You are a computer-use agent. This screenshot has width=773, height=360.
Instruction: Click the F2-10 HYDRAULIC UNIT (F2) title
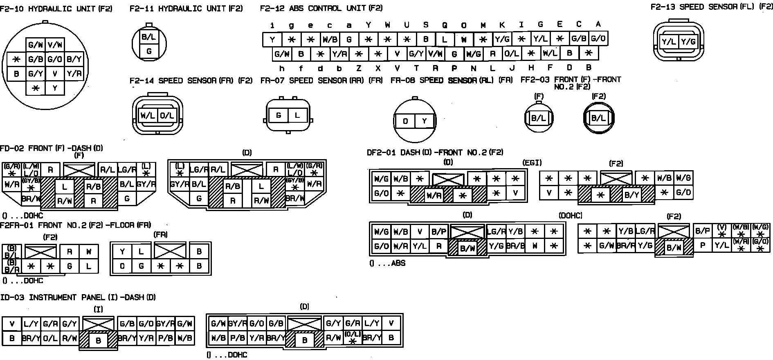click(56, 9)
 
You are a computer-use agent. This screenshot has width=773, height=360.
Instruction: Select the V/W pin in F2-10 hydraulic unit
click(55, 45)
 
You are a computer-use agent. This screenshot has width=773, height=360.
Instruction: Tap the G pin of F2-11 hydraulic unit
click(149, 51)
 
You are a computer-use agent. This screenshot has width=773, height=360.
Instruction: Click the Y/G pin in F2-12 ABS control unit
click(502, 39)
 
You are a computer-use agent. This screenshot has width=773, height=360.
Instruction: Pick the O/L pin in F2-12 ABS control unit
click(511, 54)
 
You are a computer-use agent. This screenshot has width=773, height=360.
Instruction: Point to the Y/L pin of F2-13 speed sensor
click(669, 41)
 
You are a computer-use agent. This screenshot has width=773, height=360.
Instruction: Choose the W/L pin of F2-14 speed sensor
click(148, 116)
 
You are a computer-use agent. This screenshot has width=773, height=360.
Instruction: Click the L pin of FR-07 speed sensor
click(297, 115)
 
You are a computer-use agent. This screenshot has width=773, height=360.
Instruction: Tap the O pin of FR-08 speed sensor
click(405, 121)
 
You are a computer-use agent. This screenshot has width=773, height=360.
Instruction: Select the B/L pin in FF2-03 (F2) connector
click(598, 118)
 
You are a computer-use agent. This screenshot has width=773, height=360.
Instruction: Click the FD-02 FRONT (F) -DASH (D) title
click(52, 148)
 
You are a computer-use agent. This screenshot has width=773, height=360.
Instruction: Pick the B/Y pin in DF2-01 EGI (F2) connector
click(631, 195)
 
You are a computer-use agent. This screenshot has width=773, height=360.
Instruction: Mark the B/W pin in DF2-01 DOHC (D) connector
click(468, 248)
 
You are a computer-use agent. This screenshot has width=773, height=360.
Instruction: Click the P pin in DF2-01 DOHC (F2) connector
click(703, 245)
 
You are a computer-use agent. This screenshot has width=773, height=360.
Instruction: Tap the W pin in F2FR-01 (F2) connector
click(89, 252)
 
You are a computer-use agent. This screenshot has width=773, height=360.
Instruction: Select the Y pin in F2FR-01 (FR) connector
click(122, 252)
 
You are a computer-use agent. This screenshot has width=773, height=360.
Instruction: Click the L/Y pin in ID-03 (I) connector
click(31, 324)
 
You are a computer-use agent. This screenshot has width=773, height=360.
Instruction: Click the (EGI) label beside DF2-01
click(532, 162)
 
